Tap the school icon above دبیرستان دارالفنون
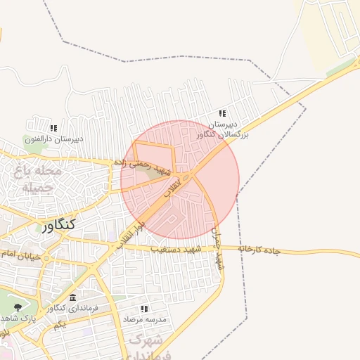coord(53,128)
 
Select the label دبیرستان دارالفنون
coord(54,139)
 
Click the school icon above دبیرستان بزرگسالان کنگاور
coord(223,114)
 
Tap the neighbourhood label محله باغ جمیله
coord(38,179)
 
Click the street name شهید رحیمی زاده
coord(143,167)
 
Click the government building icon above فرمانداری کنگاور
coord(73,298)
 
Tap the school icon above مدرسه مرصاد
coord(144,309)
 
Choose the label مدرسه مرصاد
coord(145,319)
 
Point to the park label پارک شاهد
coord(21,319)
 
